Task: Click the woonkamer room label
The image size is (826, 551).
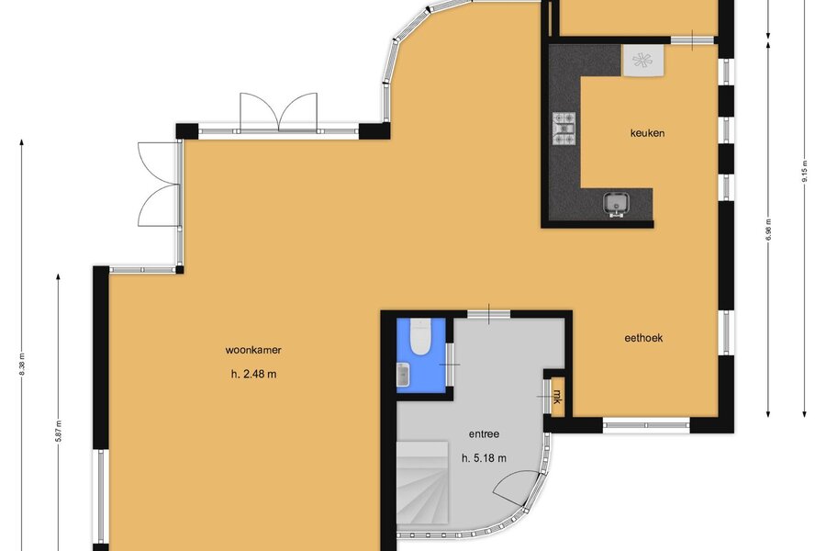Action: coord(253,350)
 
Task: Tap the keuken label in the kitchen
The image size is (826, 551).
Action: coord(647,133)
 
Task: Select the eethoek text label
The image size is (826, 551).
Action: coord(643,338)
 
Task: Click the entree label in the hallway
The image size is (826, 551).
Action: coord(484,434)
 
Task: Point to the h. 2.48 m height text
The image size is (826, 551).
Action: coord(253,375)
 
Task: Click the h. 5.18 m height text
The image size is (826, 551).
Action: coord(484,459)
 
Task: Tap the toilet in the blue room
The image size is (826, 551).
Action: coord(421,337)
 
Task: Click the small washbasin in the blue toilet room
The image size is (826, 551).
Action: coord(403,375)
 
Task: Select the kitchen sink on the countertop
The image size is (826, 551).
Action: coord(617,205)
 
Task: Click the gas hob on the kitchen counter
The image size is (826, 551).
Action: coord(564,129)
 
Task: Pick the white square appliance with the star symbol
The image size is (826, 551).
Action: coord(642,61)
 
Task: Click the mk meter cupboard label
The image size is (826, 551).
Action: coord(557,396)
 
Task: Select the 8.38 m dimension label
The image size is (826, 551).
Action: coord(22,364)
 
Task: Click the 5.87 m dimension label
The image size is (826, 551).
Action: coord(58,431)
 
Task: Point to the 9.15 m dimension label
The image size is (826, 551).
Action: coord(804,171)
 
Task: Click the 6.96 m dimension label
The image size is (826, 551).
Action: coord(768,230)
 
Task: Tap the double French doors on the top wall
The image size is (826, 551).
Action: coord(279,112)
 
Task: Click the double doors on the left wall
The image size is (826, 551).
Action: coord(159,184)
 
